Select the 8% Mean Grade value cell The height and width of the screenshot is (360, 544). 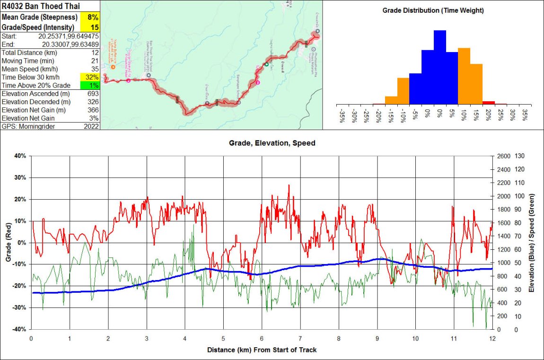click(x=92, y=17)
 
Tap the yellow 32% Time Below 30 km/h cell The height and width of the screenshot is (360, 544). click(x=92, y=77)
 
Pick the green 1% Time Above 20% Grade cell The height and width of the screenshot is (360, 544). click(x=92, y=85)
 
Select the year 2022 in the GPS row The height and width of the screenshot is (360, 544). click(x=91, y=126)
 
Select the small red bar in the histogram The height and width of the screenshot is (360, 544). click(x=488, y=103)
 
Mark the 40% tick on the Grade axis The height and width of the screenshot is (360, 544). click(x=20, y=156)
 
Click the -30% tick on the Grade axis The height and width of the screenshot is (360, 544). click(x=19, y=307)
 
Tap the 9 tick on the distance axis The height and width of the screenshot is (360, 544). click(x=377, y=339)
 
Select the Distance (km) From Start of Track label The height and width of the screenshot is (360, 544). click(x=262, y=350)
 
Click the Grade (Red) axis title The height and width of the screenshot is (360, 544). click(x=8, y=242)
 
